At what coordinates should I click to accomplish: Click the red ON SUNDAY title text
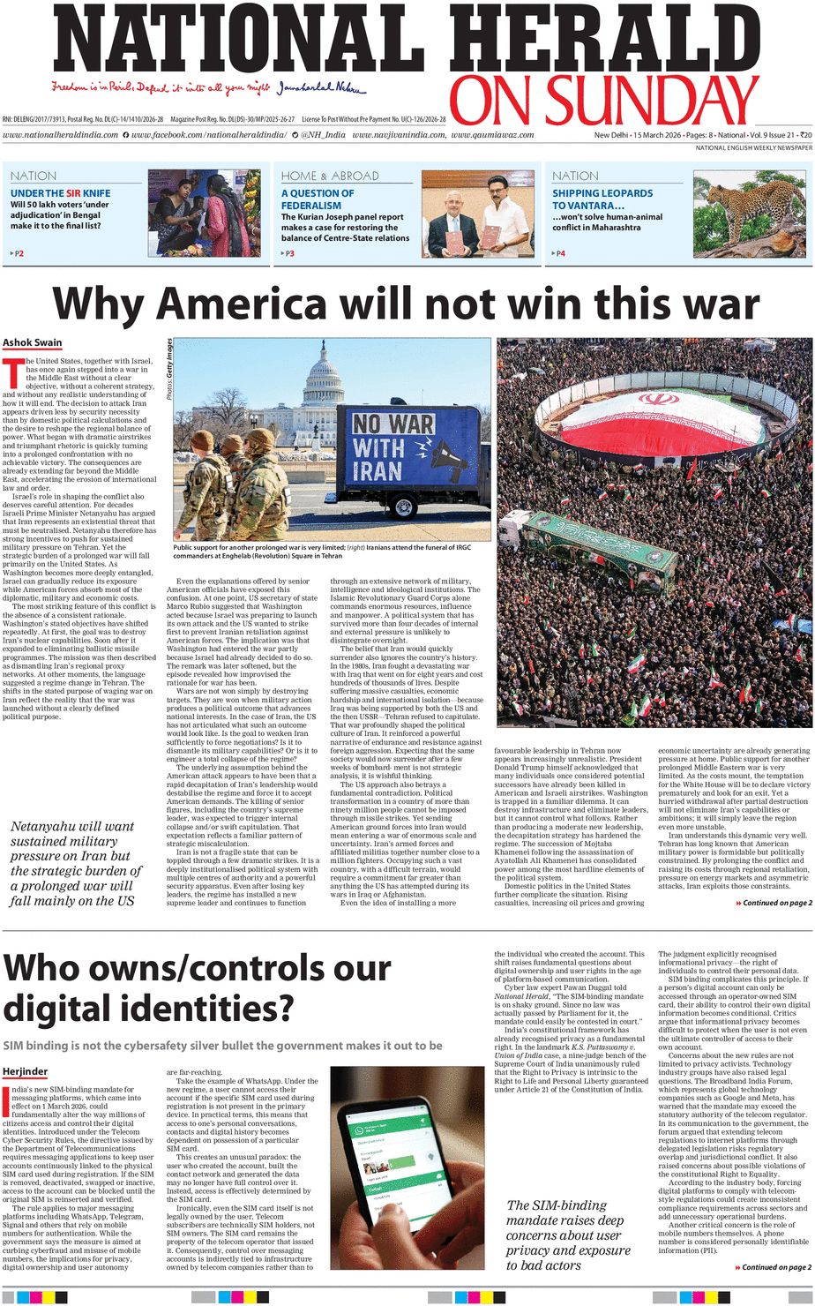(x=604, y=101)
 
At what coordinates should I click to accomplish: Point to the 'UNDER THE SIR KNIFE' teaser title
(x=60, y=193)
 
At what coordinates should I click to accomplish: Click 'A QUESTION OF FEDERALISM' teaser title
(x=318, y=199)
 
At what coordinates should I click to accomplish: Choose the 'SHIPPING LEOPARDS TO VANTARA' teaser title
(x=602, y=199)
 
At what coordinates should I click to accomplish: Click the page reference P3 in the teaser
(x=289, y=253)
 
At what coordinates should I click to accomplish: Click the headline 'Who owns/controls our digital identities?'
(x=197, y=987)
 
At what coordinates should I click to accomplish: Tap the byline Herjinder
(x=25, y=1071)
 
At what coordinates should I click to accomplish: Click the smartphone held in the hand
(x=406, y=1165)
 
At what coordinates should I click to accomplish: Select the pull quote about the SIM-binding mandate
(x=568, y=1235)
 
